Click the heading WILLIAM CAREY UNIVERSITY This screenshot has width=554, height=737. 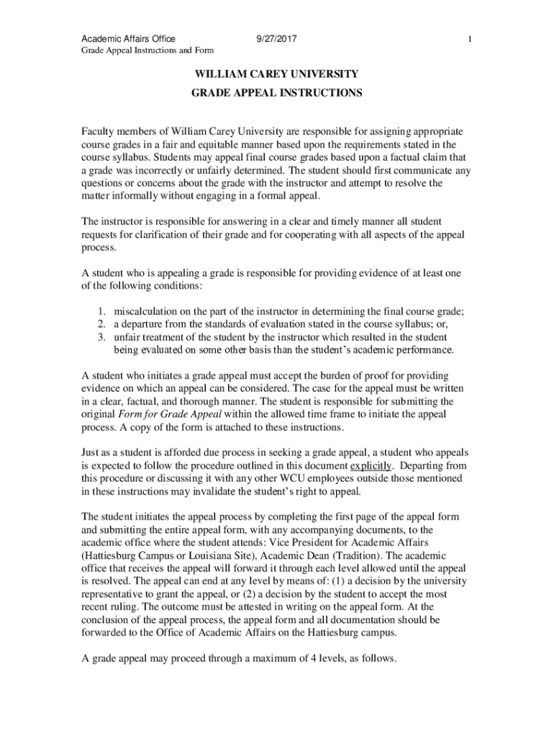[276, 74]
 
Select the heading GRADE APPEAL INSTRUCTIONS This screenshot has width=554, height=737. [276, 94]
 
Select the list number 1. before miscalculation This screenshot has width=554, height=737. [103, 312]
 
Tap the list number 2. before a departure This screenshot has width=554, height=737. [103, 325]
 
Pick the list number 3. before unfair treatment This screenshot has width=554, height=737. [103, 338]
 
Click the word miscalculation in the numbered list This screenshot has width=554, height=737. [148, 312]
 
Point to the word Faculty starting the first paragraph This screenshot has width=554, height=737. [99, 133]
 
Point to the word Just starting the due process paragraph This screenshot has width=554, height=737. [90, 453]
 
